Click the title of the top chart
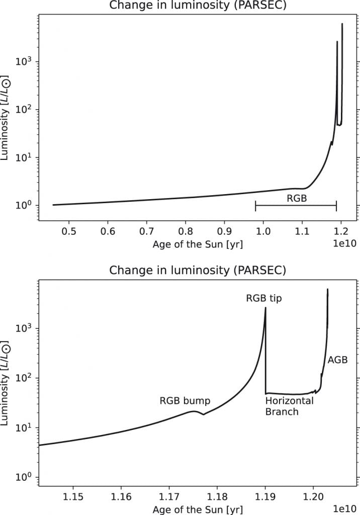(x=198, y=7)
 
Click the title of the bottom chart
(x=198, y=271)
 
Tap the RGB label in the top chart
(x=297, y=198)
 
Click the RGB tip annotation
(x=263, y=298)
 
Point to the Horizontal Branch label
(x=289, y=406)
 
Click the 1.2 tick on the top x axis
(x=340, y=232)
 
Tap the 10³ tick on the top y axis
(x=27, y=62)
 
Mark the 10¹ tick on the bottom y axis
(x=27, y=427)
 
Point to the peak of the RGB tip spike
(x=265, y=308)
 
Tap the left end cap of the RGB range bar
(x=255, y=206)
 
